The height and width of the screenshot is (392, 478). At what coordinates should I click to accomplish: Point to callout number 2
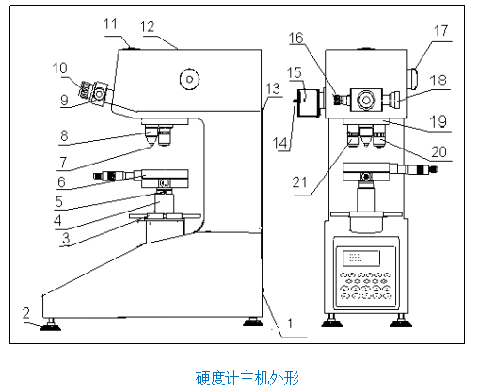pos(27,311)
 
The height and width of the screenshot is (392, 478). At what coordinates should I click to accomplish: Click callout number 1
pos(290,322)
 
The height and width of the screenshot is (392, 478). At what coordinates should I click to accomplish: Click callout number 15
pos(295,72)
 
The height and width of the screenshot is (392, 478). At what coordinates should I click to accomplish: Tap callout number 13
pos(273,89)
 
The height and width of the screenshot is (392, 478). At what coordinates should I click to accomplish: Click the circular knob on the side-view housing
pos(192,80)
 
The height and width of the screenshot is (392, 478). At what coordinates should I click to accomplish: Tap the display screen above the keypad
pos(363,257)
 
